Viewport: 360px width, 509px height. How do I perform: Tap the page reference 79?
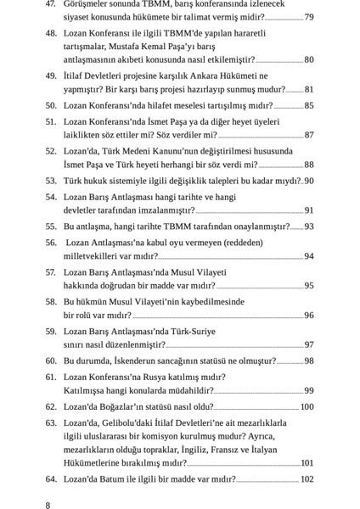[308, 17]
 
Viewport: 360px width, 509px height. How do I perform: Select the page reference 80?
[308, 60]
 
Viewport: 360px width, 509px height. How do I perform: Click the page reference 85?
[308, 106]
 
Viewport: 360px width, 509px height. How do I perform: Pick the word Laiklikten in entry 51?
[87, 136]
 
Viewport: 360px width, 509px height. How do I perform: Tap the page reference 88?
[308, 165]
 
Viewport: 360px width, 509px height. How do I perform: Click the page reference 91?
[308, 210]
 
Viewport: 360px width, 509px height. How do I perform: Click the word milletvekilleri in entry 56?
[96, 256]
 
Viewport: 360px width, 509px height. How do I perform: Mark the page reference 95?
[308, 286]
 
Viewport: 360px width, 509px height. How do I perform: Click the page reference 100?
[307, 407]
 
